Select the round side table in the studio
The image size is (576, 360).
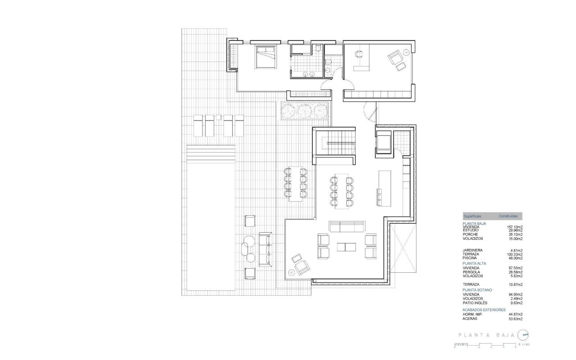pyautogui.click(x=408, y=52)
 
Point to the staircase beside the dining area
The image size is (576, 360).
pyautogui.click(x=336, y=144)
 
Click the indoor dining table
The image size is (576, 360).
pyautogui.click(x=341, y=191)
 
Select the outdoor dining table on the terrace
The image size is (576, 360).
pyautogui.click(x=296, y=184)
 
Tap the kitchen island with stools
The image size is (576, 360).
pyautogui.click(x=385, y=187)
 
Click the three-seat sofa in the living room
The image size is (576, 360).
pyautogui.click(x=346, y=226)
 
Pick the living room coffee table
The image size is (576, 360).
pyautogui.click(x=346, y=247)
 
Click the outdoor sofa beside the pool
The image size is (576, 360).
pyautogui.click(x=265, y=248)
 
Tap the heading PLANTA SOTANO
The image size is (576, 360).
pyautogui.click(x=477, y=290)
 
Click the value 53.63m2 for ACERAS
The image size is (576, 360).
pyautogui.click(x=515, y=319)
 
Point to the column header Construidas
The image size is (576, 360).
pyautogui.click(x=508, y=216)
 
